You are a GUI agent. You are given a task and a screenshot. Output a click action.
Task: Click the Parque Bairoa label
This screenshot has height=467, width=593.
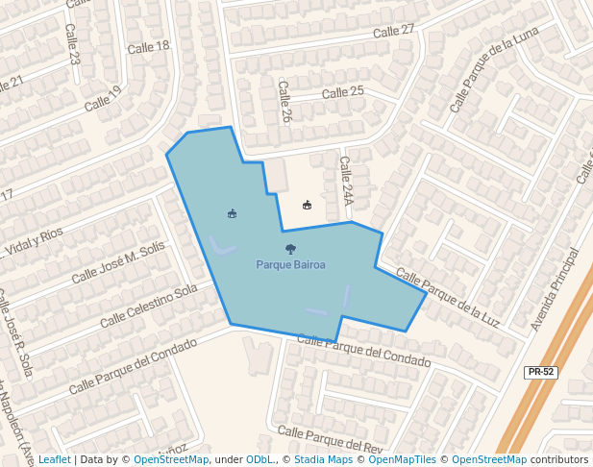(290, 264)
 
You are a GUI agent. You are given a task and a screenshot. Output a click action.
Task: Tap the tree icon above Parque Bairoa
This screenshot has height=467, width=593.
(290, 250)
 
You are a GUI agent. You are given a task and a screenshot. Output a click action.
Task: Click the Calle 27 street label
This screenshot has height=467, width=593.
(393, 31)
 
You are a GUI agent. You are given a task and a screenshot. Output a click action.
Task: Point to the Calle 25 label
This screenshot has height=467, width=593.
(343, 92)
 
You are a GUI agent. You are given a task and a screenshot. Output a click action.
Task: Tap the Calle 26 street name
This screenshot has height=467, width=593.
(284, 101)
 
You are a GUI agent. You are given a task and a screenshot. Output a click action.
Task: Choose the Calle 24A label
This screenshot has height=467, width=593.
(346, 182)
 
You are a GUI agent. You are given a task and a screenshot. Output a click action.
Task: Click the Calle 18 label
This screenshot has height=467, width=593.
(148, 46)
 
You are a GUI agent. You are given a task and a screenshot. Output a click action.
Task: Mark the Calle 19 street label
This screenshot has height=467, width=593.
(103, 98)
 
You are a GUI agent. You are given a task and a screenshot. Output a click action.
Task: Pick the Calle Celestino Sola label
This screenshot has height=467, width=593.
(148, 304)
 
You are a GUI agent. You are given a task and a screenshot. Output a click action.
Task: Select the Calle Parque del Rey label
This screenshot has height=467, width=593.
(330, 441)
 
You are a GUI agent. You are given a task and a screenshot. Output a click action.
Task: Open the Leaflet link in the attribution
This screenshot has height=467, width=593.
(54, 460)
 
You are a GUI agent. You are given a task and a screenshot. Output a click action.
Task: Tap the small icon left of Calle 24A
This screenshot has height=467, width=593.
(307, 205)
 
